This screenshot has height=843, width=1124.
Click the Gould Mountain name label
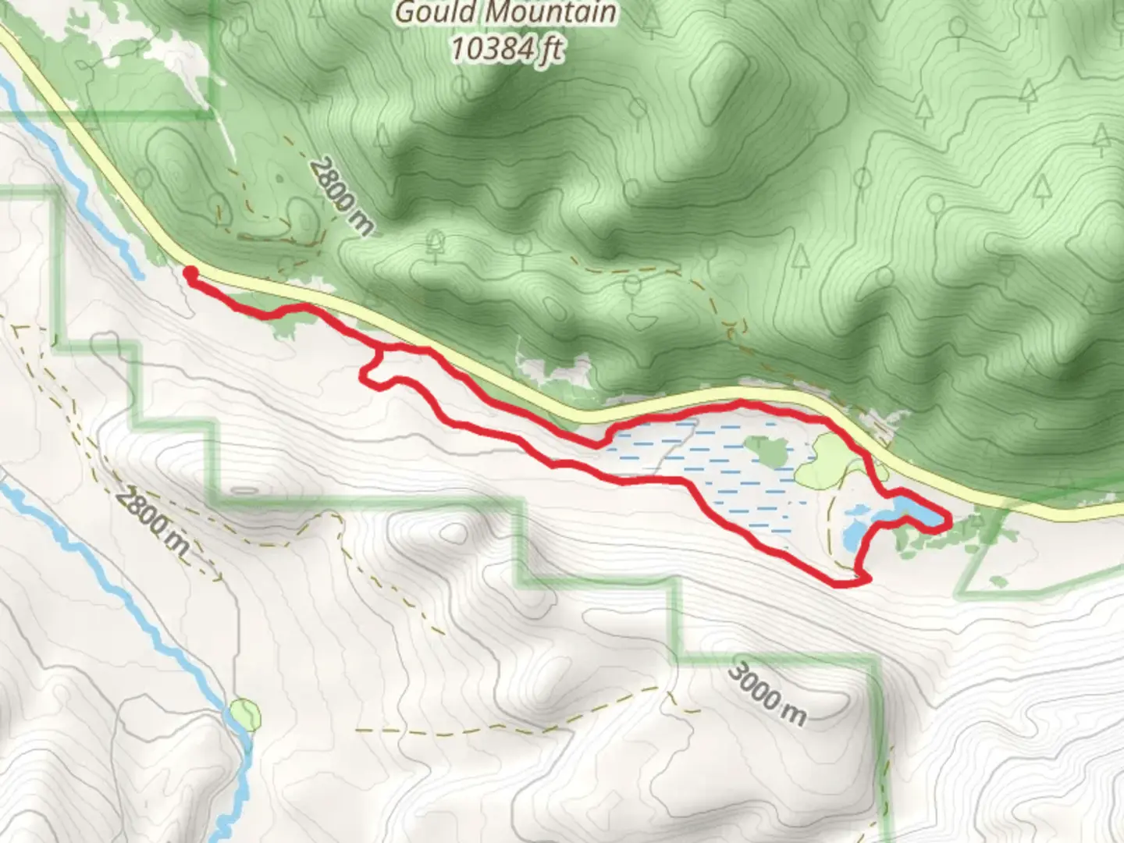tap(505, 13)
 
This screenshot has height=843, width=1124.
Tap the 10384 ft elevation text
tap(507, 49)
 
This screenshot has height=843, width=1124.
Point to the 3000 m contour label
tap(768, 694)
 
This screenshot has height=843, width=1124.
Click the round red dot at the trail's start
tap(190, 272)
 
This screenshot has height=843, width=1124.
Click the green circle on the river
tap(245, 714)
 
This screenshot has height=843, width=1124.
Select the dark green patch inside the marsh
tap(769, 450)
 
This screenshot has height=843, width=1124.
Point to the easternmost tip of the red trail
tap(948, 521)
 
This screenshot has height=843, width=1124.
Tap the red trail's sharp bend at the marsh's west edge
tap(599, 443)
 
